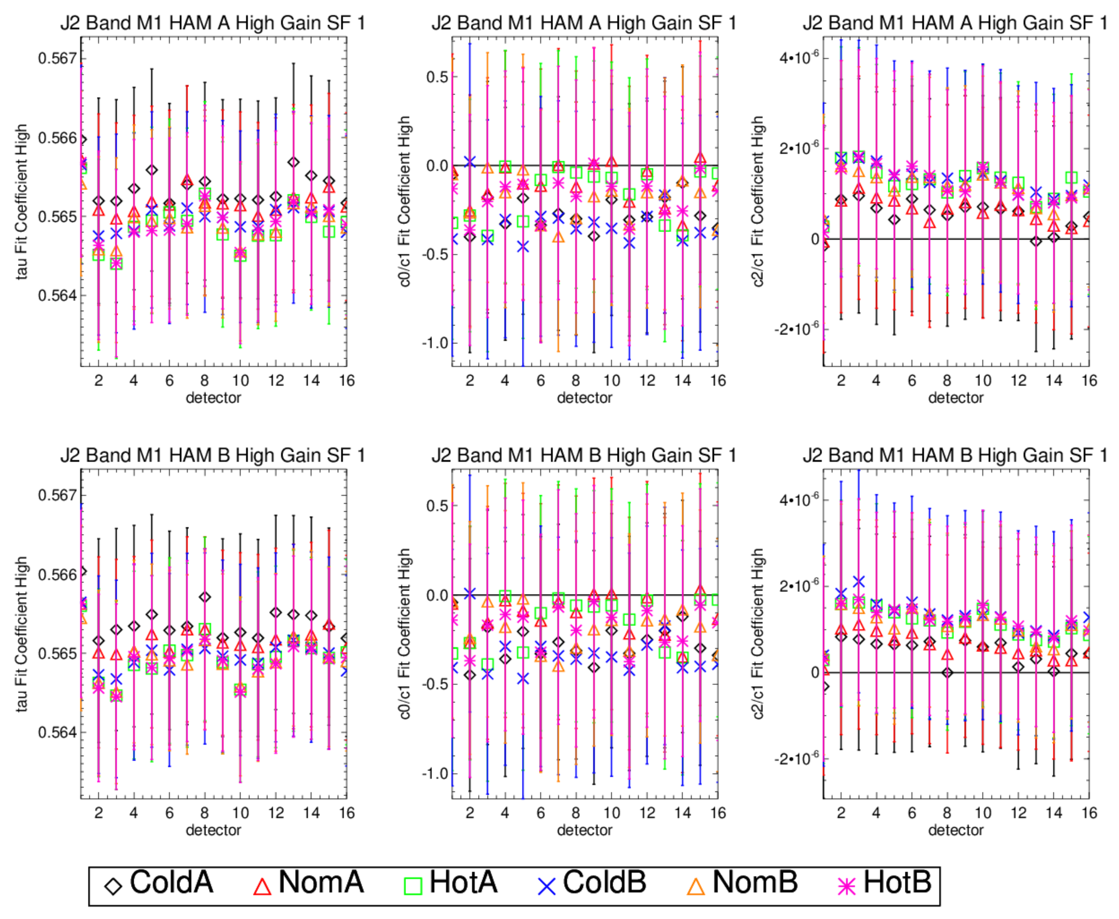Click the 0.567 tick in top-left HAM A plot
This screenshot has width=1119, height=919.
57,58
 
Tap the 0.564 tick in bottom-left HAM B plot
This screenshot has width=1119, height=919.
57,733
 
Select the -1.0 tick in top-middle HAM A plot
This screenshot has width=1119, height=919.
435,343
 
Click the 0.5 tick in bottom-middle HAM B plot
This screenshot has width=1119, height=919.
437,506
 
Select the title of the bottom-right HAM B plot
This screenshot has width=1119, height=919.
955,455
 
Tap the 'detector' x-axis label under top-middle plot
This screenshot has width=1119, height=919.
584,398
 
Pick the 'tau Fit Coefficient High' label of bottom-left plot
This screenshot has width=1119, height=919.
21,634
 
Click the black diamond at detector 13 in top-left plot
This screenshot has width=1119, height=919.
294,162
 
